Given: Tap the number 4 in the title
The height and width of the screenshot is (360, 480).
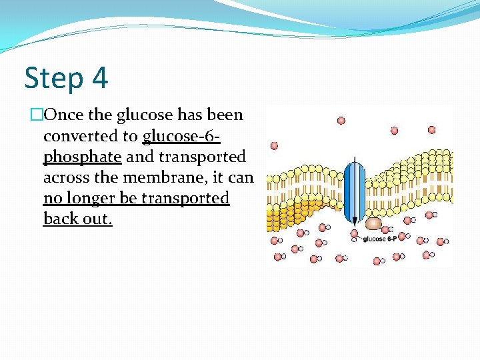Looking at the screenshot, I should [99, 79].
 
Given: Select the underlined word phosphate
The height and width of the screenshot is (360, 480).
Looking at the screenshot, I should [82, 157].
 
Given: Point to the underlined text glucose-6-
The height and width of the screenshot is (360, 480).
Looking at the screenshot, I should [181, 136].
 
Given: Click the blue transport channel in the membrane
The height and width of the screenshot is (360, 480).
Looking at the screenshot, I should [355, 191].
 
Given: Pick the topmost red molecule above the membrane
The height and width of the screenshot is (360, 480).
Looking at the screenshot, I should [341, 121].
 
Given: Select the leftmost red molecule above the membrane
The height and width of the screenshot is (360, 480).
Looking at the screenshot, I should [273, 145].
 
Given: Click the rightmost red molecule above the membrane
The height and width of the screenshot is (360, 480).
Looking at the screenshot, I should [431, 129].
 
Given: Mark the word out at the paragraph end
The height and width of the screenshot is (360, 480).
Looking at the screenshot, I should [97, 219].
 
